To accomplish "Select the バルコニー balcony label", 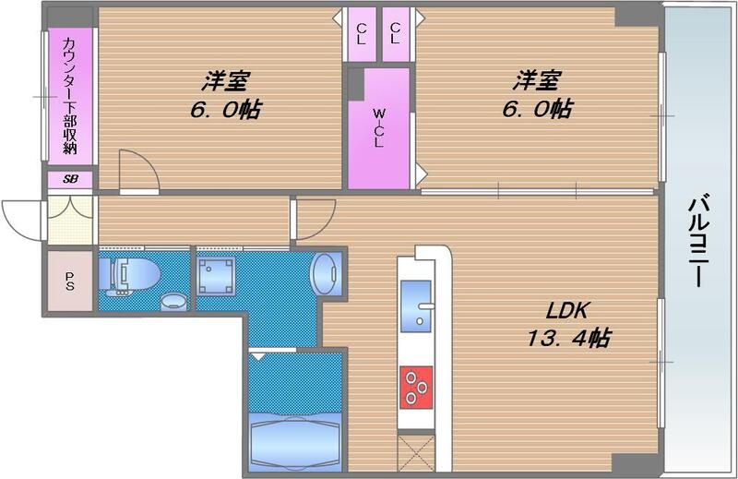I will (x=699, y=240).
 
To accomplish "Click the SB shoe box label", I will (x=70, y=181).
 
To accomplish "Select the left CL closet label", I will (x=361, y=33).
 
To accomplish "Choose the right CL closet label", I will (x=396, y=33).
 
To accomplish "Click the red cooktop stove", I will (x=418, y=385).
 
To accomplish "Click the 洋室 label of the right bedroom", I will (x=535, y=80).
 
